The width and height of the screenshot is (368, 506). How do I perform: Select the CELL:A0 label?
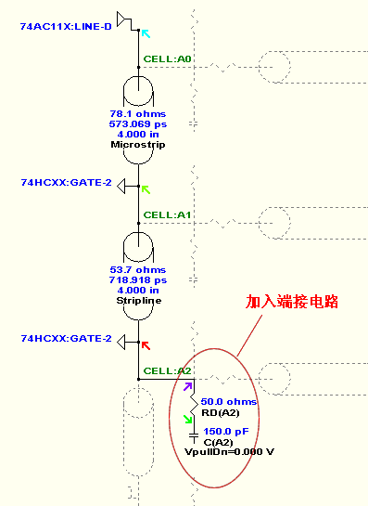pyautogui.click(x=168, y=59)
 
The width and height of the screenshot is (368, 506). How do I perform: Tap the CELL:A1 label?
pyautogui.click(x=168, y=214)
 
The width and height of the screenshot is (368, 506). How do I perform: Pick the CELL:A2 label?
pyautogui.click(x=168, y=370)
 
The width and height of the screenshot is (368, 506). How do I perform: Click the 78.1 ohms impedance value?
pyautogui.click(x=137, y=114)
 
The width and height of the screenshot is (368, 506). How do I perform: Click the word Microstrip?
pyautogui.click(x=137, y=145)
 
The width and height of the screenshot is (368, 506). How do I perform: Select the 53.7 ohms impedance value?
pyautogui.click(x=137, y=269)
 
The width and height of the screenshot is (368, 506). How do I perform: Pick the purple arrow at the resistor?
pyautogui.click(x=189, y=386)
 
